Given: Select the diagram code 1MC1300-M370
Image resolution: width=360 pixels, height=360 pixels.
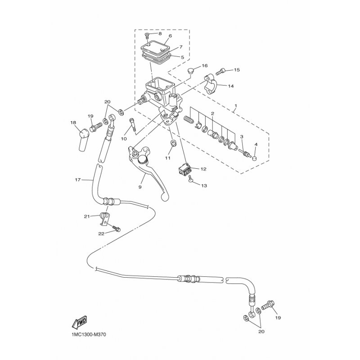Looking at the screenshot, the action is coord(87,334).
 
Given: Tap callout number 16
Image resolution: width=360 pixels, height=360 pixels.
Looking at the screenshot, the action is coord(205,66).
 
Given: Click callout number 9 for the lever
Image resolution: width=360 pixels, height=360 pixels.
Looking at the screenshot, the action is coord(140,187).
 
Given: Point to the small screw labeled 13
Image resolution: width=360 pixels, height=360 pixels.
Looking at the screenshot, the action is coord(190,179).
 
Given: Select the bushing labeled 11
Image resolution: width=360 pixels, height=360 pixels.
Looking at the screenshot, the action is coord(173,143).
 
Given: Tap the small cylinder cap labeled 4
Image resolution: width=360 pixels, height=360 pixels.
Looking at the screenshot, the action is coord(255,158).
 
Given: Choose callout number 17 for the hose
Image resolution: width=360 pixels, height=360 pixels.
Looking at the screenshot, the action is coord(78,180).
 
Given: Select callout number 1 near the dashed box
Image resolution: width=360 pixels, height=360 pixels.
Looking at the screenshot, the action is coord(235,106).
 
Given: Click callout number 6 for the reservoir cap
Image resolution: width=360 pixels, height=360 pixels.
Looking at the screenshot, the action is coord(170,36).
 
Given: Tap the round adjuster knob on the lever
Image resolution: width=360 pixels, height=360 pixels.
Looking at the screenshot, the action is coord(143,159).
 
